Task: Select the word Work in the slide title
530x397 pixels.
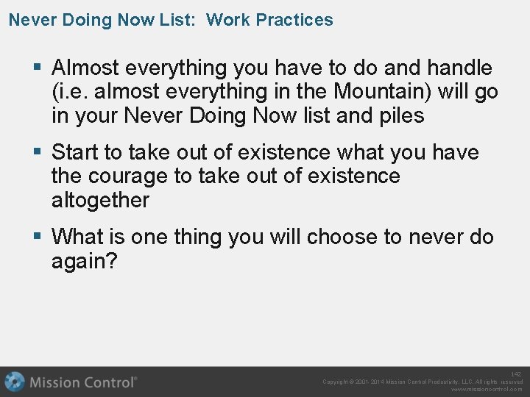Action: [x=227, y=20]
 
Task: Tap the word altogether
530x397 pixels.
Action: [x=100, y=200]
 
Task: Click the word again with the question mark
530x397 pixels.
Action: [x=84, y=260]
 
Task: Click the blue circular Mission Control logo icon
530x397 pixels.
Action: [x=15, y=382]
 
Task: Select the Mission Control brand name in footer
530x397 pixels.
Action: [x=82, y=382]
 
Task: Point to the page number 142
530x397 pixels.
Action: [x=516, y=374]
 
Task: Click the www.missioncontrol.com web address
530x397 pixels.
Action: [x=487, y=390]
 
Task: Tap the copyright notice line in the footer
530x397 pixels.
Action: [x=423, y=382]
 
